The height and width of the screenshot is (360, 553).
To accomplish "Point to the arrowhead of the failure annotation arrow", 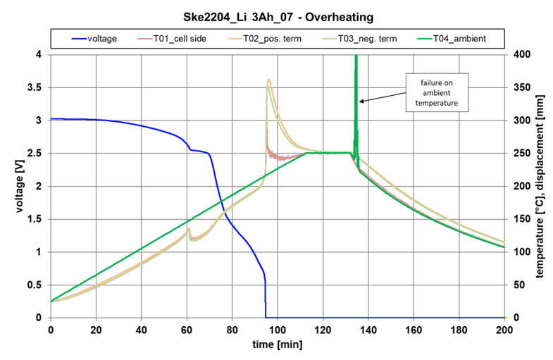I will [x=361, y=102].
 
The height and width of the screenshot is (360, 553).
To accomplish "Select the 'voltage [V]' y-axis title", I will [x=15, y=186].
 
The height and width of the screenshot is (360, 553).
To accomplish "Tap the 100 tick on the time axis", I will [x=278, y=329].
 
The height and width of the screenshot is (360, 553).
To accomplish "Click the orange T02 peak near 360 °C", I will [x=268, y=80].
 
